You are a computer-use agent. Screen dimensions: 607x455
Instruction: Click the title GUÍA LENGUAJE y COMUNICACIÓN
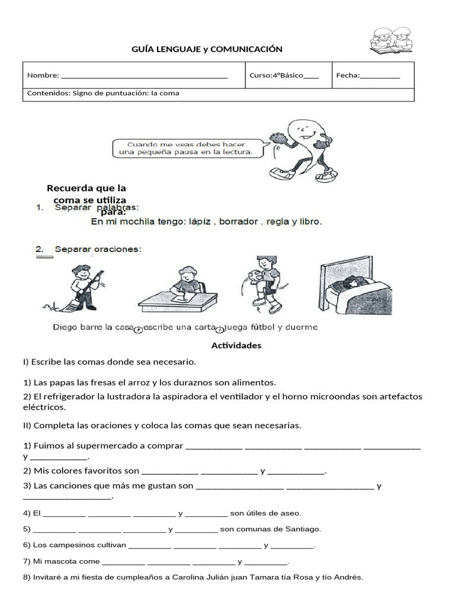point(207,49)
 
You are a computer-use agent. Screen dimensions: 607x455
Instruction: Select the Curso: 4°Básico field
point(284,75)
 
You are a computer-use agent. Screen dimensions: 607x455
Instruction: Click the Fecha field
point(367,75)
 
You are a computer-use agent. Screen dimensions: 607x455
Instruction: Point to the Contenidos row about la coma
point(104,94)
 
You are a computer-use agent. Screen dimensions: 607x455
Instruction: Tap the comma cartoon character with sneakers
point(302,148)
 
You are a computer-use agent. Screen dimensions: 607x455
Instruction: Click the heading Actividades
point(236,346)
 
